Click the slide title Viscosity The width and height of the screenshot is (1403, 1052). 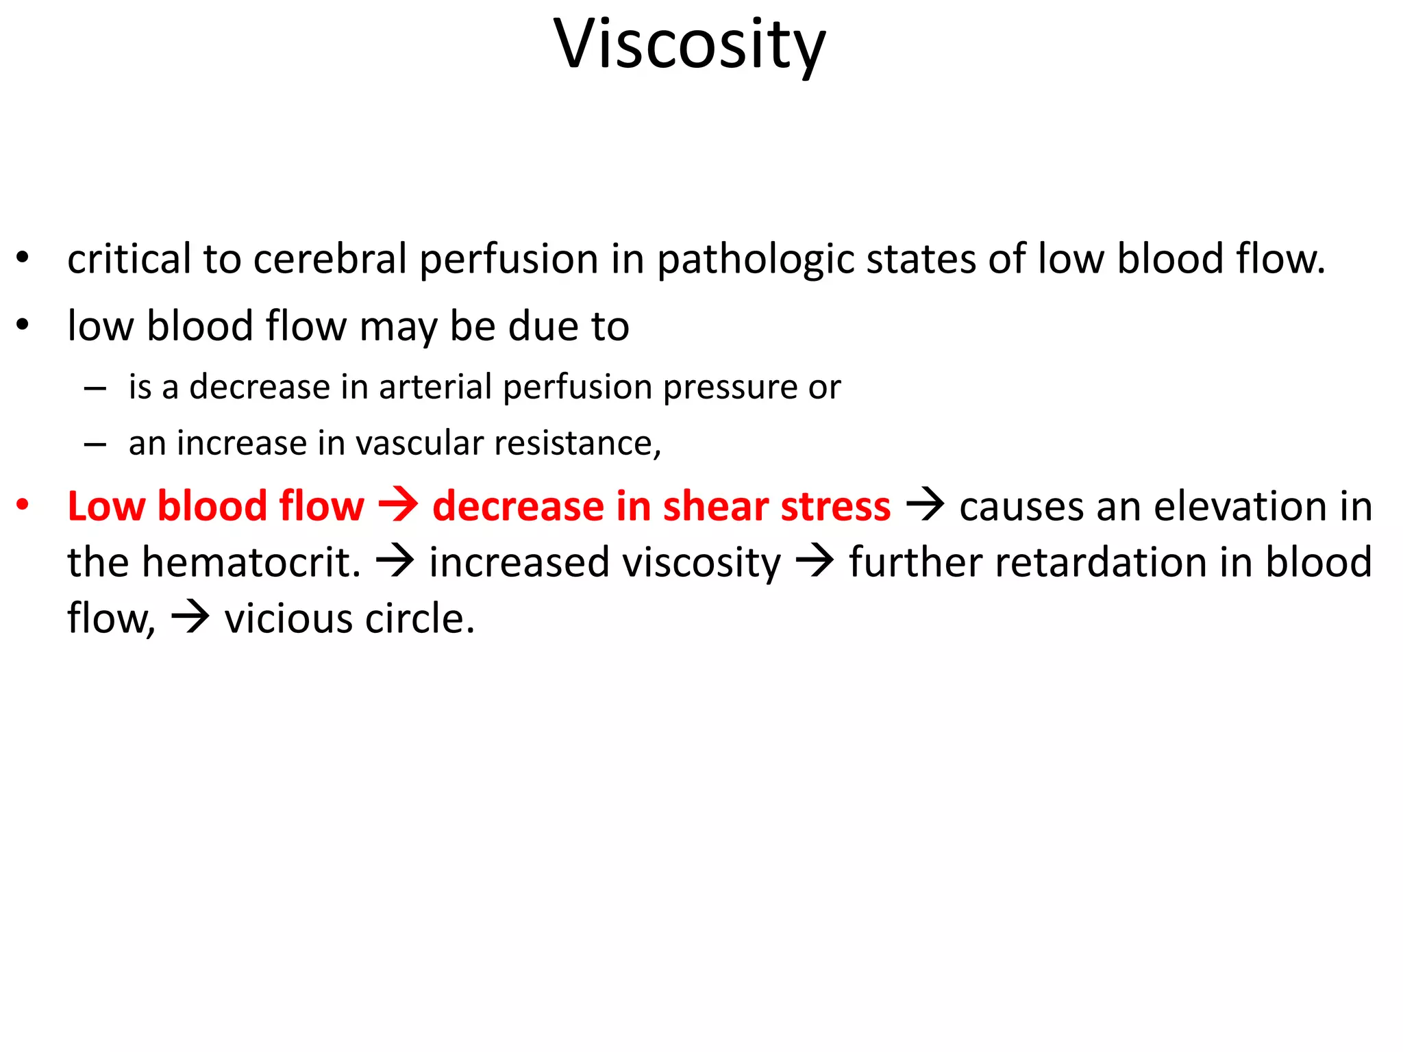coord(690,45)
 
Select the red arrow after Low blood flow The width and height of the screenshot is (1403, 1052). coord(398,505)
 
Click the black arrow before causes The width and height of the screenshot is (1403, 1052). coord(925,505)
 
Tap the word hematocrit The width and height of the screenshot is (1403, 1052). coord(251,562)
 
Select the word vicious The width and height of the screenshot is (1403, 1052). coord(288,618)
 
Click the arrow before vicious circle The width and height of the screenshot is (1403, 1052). coord(190,618)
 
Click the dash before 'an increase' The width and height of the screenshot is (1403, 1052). coord(95,444)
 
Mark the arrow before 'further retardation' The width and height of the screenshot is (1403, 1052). coord(815,562)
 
